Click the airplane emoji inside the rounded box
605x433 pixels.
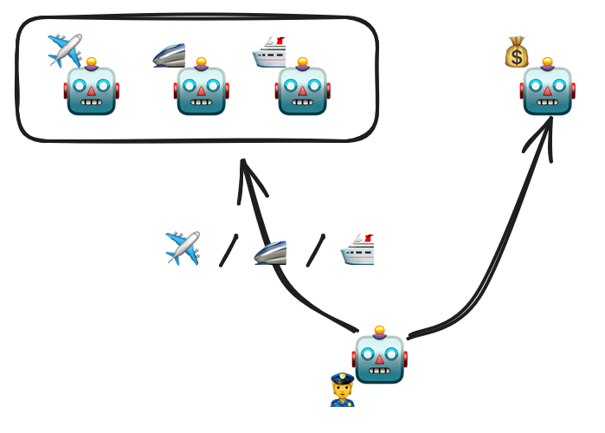65,51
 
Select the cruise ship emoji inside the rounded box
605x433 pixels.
268,53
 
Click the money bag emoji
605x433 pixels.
517,52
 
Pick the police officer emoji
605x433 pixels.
343,391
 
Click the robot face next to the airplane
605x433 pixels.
91,89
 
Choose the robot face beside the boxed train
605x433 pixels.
201,89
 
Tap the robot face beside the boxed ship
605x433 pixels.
302,89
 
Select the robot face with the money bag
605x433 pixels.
548,89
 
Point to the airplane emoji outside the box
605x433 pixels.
183,248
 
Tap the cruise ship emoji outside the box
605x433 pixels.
357,249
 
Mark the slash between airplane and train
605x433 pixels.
228,250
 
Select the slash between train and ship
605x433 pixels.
315,250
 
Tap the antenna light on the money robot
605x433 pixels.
548,61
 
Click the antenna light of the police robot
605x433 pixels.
380,330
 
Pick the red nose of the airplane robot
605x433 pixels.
91,91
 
